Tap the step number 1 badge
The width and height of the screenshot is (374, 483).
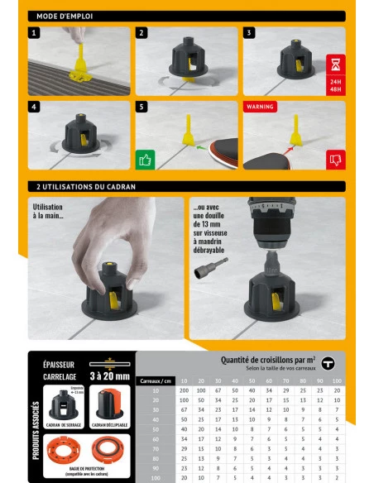(x=34, y=33)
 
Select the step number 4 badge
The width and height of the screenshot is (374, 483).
(x=34, y=108)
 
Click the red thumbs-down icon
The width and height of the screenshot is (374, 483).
(x=335, y=159)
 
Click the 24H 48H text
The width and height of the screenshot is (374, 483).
(x=335, y=86)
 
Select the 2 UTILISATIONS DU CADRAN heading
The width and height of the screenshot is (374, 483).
(x=85, y=187)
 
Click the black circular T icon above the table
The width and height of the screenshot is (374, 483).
(x=328, y=363)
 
